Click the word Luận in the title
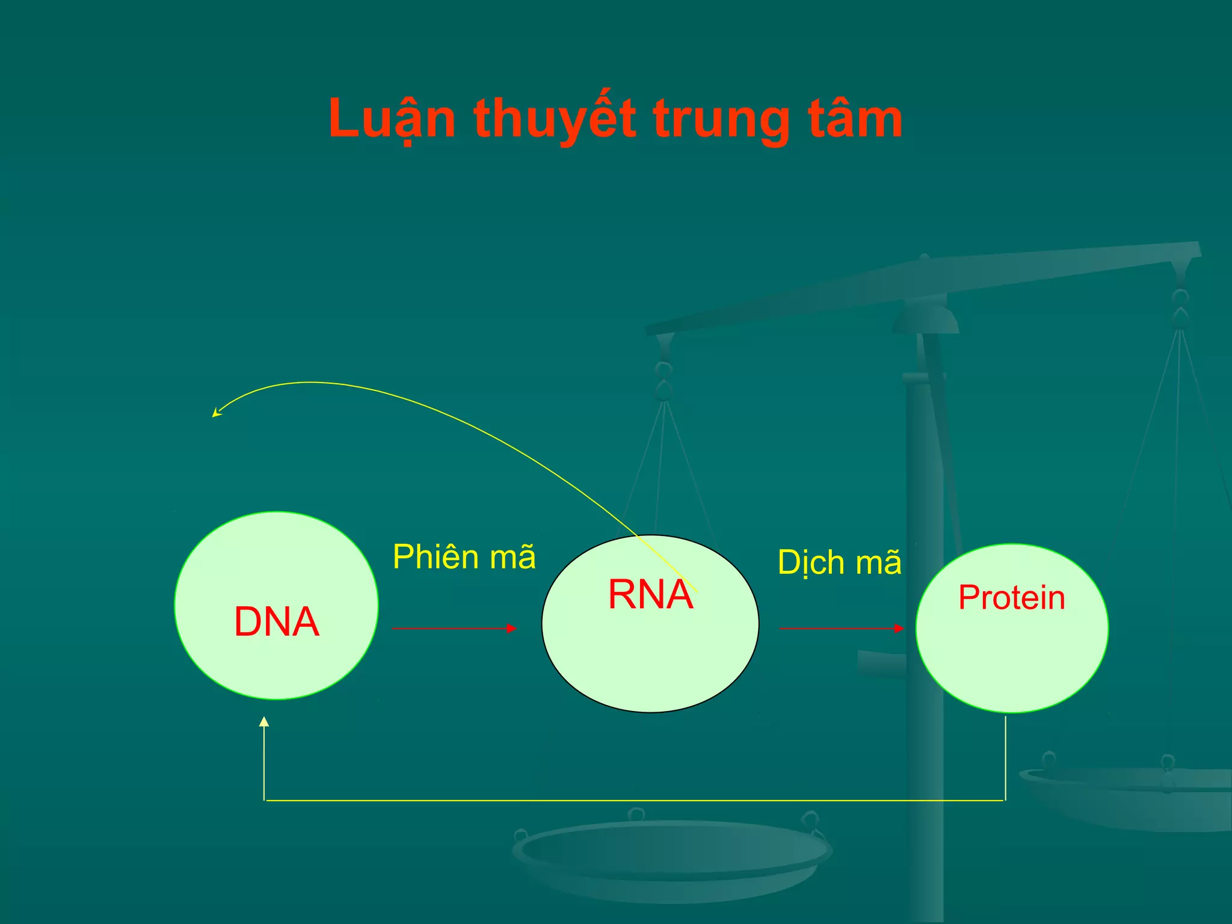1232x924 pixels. pos(392,119)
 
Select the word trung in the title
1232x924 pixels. pos(721,119)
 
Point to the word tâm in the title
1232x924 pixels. pos(854,119)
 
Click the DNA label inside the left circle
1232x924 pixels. pos(276,622)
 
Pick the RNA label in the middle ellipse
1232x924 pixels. pos(650,595)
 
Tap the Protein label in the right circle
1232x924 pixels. pos(1012,598)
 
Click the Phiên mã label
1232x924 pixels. pos(464,557)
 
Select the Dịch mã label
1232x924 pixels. pos(839,563)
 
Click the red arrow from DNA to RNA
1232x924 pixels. pos(451,629)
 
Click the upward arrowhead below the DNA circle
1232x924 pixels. pos(264,722)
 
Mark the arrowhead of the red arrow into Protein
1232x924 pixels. pos(899,629)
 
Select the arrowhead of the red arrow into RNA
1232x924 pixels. pos(512,629)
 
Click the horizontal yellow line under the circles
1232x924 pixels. pos(632,801)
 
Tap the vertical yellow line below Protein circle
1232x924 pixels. pos(1005,758)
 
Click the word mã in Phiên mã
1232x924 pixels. pos(512,557)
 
